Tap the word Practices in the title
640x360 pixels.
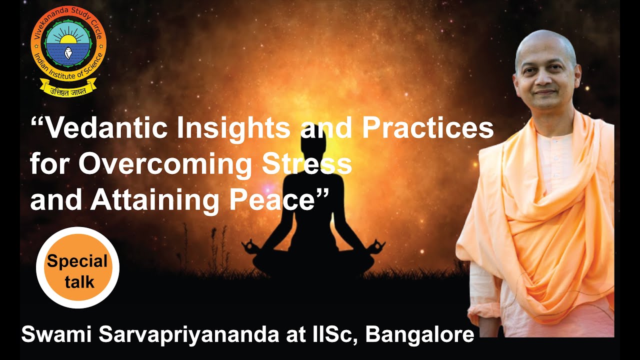point(428,129)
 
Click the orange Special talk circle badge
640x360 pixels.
point(77,267)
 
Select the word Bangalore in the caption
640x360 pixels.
point(419,334)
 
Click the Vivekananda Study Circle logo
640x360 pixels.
point(68,47)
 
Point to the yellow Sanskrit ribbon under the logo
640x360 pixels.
point(68,90)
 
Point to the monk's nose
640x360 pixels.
point(546,80)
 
